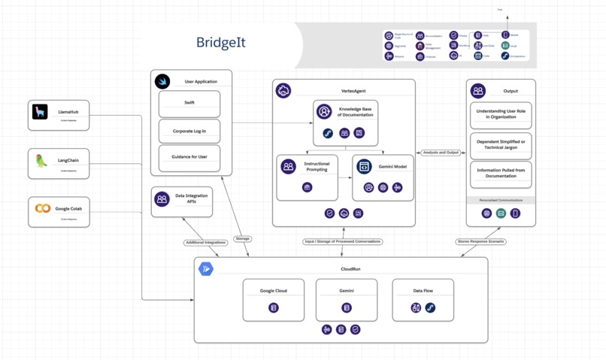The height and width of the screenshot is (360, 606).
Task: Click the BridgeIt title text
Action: click(x=221, y=42)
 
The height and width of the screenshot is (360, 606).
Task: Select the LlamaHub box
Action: click(x=59, y=115)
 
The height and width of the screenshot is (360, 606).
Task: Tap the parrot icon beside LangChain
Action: click(x=41, y=161)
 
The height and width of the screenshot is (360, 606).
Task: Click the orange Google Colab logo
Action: click(x=43, y=209)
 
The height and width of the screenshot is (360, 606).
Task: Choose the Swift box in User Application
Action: click(x=189, y=104)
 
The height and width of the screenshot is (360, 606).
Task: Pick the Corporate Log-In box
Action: click(x=189, y=131)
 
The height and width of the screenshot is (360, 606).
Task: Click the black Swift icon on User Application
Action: click(x=162, y=81)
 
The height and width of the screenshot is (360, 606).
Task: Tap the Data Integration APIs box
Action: click(x=182, y=201)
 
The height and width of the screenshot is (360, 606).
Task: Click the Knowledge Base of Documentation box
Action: click(x=344, y=121)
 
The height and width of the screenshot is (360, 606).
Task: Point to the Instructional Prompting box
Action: click(x=307, y=177)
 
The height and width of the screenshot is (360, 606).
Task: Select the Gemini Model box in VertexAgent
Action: click(x=383, y=177)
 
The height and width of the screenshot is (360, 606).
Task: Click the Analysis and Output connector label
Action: click(x=441, y=153)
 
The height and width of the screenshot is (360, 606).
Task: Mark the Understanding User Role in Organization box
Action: click(x=501, y=116)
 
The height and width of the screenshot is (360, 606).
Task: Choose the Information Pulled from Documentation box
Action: click(x=501, y=174)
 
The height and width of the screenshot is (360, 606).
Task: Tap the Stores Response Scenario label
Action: click(x=481, y=241)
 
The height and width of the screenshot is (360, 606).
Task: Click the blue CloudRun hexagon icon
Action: click(x=205, y=268)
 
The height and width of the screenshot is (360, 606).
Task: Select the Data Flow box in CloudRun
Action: click(x=423, y=300)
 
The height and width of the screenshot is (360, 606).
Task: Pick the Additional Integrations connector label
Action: click(x=205, y=243)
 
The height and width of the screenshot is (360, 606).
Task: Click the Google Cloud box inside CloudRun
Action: click(x=274, y=300)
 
